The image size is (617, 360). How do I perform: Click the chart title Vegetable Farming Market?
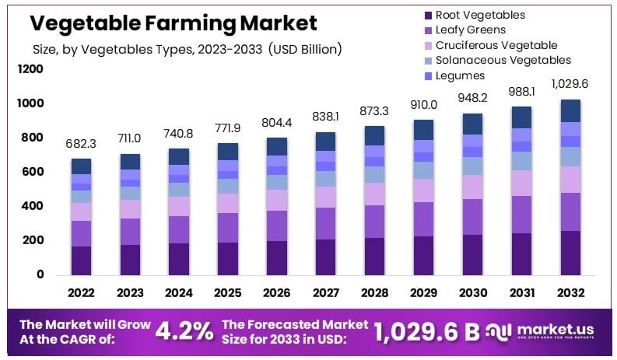click(173, 23)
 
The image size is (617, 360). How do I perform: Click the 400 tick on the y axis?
click(33, 206)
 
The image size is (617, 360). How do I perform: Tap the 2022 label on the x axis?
click(82, 292)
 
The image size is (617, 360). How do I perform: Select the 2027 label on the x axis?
click(327, 292)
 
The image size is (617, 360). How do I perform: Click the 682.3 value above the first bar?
click(82, 144)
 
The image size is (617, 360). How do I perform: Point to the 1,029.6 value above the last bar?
click(571, 84)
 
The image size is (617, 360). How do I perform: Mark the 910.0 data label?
click(424, 104)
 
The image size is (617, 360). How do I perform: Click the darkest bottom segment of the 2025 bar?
click(228, 258)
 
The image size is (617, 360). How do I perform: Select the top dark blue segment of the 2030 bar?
click(473, 124)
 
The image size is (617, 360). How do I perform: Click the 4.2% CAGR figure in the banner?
click(184, 330)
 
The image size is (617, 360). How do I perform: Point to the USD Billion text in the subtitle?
click(304, 50)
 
